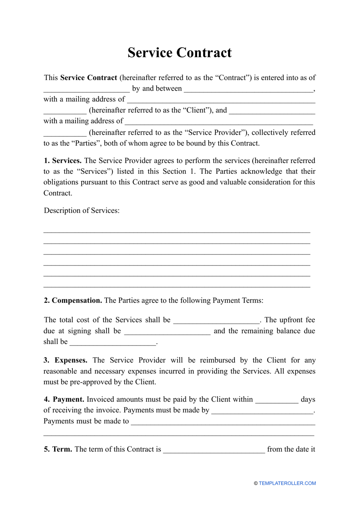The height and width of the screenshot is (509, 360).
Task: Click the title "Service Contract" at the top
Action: coord(179,53)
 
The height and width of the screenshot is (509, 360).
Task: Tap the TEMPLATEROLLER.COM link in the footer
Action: coord(287,483)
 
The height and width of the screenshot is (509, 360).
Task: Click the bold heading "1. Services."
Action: coord(63,160)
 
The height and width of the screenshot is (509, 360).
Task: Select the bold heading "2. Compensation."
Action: coord(73,300)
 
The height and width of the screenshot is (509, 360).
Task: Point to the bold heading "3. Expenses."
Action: coord(65,360)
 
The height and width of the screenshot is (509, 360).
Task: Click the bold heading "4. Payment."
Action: coord(64,399)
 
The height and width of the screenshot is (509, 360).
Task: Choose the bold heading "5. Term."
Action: coord(58,449)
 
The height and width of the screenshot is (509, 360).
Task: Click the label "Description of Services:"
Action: coord(81,211)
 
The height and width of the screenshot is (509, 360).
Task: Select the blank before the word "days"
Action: coord(277,400)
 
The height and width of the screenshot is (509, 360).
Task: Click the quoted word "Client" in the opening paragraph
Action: coord(197,110)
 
